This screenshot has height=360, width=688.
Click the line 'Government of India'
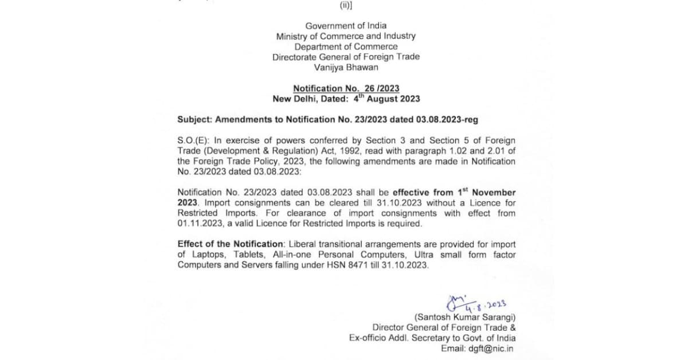click(x=346, y=25)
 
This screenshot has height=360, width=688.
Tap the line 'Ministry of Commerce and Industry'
click(x=346, y=36)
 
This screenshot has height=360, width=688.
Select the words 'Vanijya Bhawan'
click(x=346, y=67)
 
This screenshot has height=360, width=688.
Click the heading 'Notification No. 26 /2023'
click(x=346, y=88)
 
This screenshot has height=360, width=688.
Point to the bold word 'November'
click(x=494, y=193)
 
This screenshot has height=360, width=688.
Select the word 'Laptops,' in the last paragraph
click(x=205, y=255)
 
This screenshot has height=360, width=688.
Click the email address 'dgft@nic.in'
click(x=491, y=349)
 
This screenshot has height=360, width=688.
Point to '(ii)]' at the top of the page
click(x=346, y=6)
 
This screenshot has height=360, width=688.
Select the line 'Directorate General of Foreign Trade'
click(x=346, y=57)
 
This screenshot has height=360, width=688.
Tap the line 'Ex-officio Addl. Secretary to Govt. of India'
click(x=432, y=338)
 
